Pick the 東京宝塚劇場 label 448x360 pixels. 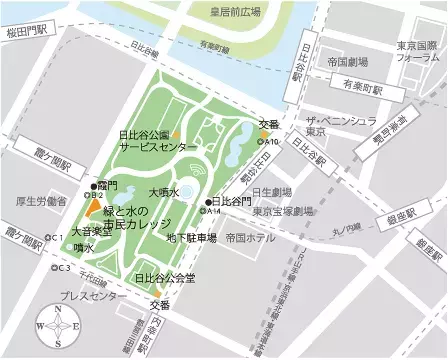click(x=283, y=211)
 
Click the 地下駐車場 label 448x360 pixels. click(x=191, y=238)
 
